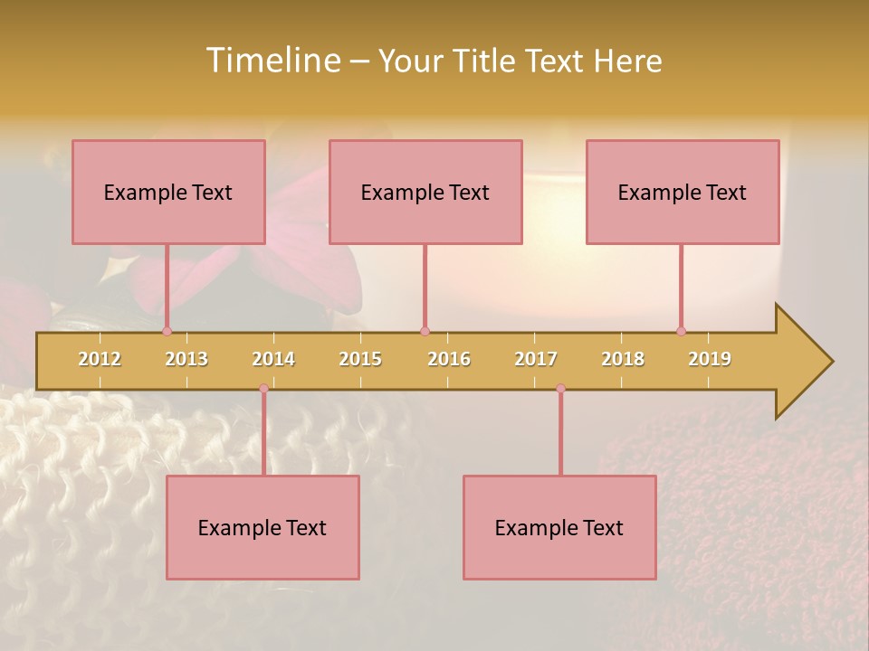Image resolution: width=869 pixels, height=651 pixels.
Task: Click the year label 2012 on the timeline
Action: pos(100,359)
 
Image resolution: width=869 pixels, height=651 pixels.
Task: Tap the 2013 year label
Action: pos(186,359)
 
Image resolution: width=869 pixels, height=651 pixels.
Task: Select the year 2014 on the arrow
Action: pos(273,359)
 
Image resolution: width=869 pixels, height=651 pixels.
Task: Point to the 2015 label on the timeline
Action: pos(360,359)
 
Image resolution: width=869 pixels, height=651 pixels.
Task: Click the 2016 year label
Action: pos(449,359)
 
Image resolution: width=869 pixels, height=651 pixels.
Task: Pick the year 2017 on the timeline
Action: pos(536,359)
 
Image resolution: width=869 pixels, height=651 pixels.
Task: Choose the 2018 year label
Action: pos(623,359)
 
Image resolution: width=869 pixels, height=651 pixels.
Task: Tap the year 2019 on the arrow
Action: pos(710,359)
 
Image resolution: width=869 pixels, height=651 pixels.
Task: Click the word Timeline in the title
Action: pos(272,61)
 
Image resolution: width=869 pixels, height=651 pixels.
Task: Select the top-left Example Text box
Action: pos(168,192)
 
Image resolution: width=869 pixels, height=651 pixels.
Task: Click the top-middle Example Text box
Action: pos(425,192)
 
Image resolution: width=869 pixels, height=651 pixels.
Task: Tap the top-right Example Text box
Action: pos(683,192)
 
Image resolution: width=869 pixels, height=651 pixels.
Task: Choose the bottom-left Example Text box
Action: pos(263,527)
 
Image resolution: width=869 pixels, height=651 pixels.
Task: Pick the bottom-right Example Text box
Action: pos(559,527)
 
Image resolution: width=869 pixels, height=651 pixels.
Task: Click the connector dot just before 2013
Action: pos(167,331)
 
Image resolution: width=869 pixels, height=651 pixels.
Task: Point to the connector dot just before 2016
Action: pos(425,331)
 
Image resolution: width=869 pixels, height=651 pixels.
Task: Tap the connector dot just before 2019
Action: pos(681,331)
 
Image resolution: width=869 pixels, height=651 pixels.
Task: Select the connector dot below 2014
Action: pos(263,388)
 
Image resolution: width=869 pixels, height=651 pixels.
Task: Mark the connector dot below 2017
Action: pos(560,388)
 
